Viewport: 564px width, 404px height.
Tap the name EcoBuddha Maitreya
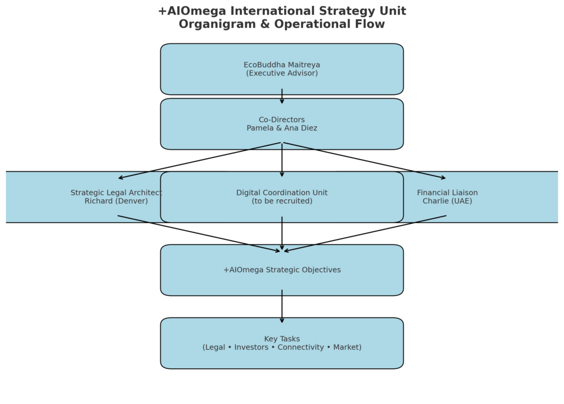tap(282, 65)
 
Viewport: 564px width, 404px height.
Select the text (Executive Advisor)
tap(282, 73)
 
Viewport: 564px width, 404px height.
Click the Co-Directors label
tap(282, 120)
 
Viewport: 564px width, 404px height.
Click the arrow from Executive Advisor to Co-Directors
tap(282, 96)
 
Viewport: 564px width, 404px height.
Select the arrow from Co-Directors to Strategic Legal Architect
tap(199, 161)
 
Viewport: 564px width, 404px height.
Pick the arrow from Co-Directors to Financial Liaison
tap(365, 161)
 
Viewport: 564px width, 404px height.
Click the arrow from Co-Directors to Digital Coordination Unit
tap(282, 160)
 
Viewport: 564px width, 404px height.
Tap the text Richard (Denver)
tap(116, 201)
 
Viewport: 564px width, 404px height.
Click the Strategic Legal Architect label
tap(116, 193)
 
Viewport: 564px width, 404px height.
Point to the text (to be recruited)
tap(282, 201)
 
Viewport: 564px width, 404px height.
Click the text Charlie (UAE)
tap(447, 201)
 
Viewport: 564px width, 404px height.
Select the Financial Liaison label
tap(447, 193)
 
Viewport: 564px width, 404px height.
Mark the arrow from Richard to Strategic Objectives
tap(199, 234)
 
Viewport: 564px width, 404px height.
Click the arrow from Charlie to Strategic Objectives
tap(365, 234)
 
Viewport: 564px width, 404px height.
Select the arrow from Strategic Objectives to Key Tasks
tap(282, 306)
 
